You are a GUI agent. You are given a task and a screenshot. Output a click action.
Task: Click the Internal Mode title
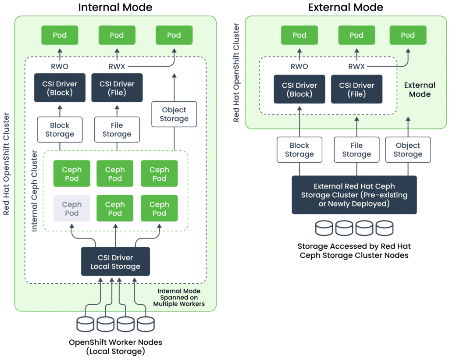[x=115, y=7]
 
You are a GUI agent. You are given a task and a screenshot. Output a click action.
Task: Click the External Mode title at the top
[x=346, y=7]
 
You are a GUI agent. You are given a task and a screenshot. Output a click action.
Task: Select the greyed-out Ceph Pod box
[x=71, y=209]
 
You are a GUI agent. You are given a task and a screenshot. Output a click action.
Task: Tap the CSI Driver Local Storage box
[x=115, y=262]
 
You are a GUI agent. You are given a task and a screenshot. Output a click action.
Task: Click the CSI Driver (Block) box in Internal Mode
[x=60, y=88]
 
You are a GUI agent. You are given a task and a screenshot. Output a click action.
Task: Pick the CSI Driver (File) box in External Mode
[x=356, y=89]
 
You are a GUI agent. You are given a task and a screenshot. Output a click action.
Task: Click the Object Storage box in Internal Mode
[x=174, y=114]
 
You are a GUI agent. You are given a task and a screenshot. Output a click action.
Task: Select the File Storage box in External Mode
[x=356, y=150]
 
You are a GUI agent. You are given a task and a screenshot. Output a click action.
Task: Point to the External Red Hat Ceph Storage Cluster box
[x=354, y=195]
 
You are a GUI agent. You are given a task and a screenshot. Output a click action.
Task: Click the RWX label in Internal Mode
[x=117, y=67]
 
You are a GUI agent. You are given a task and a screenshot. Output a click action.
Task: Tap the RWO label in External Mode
[x=299, y=67]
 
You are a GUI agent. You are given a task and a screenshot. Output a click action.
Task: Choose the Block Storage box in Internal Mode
[x=60, y=130]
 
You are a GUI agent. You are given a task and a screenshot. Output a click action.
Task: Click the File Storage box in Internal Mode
[x=117, y=130]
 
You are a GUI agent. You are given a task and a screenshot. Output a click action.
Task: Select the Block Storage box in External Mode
[x=299, y=150]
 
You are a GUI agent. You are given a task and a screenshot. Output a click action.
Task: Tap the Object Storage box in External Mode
[x=408, y=150]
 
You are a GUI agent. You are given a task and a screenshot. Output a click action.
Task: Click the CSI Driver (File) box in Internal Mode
[x=117, y=88]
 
